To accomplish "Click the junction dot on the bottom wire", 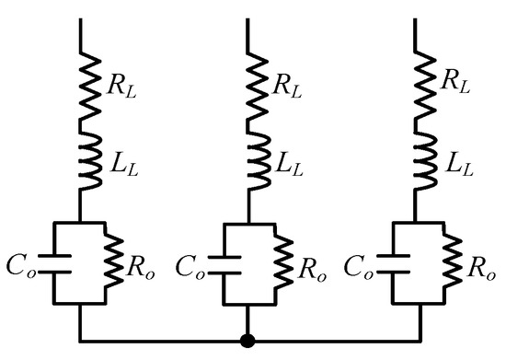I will (247, 341).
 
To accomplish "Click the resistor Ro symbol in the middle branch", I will (274, 261).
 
